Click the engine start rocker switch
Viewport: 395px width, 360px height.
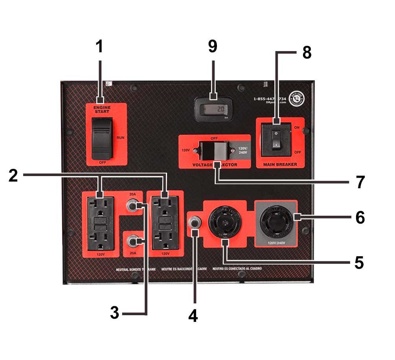pos(102,138)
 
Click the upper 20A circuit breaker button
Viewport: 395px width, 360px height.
pos(132,205)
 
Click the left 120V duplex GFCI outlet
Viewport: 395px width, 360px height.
pos(100,223)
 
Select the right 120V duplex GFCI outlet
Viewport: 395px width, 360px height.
pos(165,223)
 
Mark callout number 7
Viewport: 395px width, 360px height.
pos(360,182)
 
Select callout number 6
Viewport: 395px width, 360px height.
pos(360,217)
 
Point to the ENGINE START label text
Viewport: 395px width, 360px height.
pos(102,110)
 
